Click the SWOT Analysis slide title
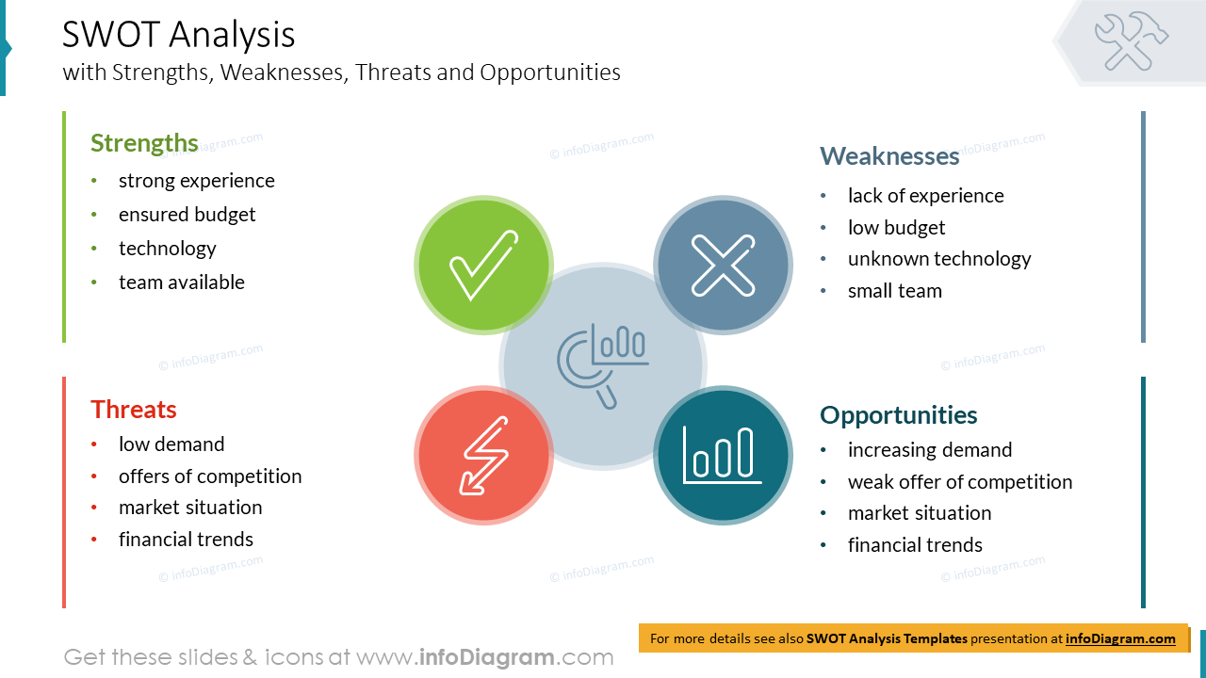[x=179, y=35]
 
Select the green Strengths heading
[x=144, y=143]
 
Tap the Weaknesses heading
[x=888, y=156]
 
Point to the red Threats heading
[x=134, y=410]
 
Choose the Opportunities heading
[x=898, y=415]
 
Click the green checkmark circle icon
[x=483, y=265]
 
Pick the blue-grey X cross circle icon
[x=723, y=265]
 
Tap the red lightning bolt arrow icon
[x=483, y=456]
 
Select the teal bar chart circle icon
[x=723, y=456]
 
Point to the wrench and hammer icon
[x=1131, y=40]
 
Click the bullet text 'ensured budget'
[x=187, y=215]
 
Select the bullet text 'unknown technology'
[x=938, y=259]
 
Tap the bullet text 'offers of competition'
[x=210, y=476]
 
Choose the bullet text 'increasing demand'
[x=929, y=450]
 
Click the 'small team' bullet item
[x=894, y=291]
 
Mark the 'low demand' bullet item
[x=171, y=444]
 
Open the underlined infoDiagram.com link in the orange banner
[x=1120, y=638]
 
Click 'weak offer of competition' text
[x=959, y=482]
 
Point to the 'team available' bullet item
[x=181, y=282]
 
